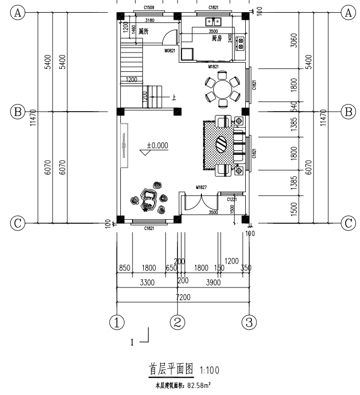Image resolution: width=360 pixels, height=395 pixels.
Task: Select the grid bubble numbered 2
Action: pyautogui.click(x=177, y=322)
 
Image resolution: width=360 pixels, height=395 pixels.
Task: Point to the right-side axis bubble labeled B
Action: pyautogui.click(x=349, y=111)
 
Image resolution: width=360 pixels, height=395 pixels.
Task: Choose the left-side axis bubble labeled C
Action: pyautogui.click(x=18, y=223)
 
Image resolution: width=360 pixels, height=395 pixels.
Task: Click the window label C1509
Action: pyautogui.click(x=149, y=8)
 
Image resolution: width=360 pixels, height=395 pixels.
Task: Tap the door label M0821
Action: pyautogui.click(x=170, y=51)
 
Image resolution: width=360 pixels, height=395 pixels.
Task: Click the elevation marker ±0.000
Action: pyautogui.click(x=157, y=145)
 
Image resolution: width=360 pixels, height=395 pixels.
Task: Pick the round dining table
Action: pyautogui.click(x=222, y=90)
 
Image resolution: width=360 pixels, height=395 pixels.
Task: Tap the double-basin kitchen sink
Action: pyautogui.click(x=213, y=21)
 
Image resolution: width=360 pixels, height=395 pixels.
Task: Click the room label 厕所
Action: pyautogui.click(x=144, y=31)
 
